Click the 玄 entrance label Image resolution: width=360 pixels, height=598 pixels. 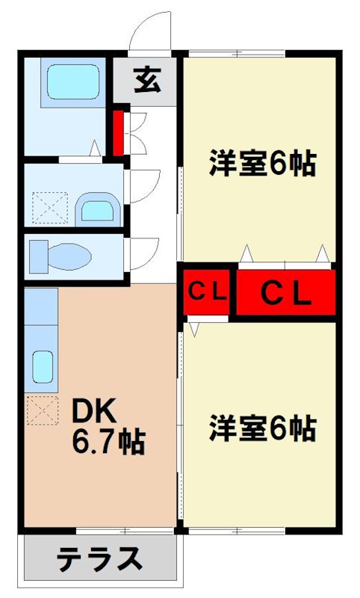click(147, 79)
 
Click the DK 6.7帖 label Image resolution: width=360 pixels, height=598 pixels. click(107, 427)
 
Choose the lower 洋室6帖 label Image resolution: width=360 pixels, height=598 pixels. click(261, 428)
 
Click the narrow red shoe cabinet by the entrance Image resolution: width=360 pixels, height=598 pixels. click(118, 133)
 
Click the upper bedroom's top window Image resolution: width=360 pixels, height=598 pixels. click(236, 54)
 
